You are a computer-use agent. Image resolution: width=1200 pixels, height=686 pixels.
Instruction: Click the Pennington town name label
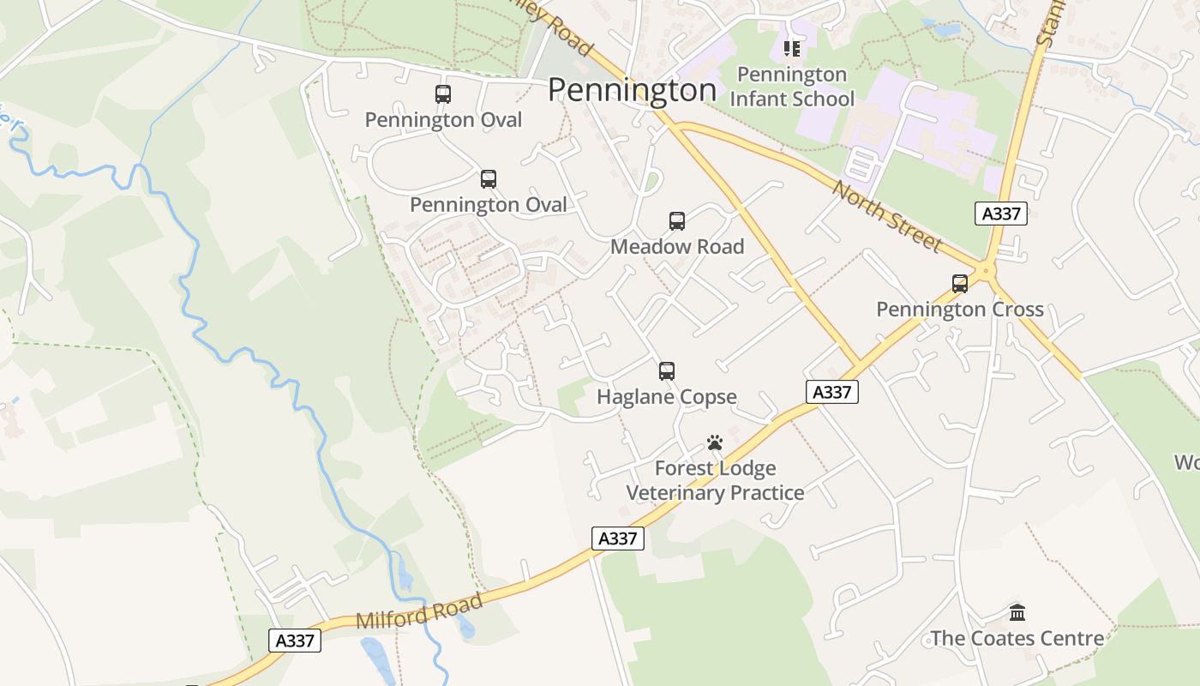click(x=632, y=90)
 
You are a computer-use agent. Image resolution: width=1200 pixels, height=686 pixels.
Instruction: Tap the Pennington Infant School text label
click(x=791, y=87)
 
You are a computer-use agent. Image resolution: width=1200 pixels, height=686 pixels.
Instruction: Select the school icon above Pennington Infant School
click(x=791, y=49)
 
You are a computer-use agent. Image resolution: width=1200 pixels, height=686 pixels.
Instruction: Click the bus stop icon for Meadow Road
click(x=677, y=221)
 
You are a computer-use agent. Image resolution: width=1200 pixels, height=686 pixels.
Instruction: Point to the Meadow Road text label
click(x=677, y=247)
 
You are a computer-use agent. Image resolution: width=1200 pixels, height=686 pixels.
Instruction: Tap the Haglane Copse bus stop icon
click(x=667, y=371)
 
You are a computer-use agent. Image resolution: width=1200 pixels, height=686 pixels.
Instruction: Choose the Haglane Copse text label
click(x=667, y=397)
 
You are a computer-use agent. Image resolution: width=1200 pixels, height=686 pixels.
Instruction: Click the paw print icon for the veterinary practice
click(x=715, y=442)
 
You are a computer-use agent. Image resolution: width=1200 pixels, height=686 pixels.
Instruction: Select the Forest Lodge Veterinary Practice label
click(x=715, y=480)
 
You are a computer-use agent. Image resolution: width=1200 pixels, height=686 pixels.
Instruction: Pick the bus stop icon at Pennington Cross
click(x=960, y=284)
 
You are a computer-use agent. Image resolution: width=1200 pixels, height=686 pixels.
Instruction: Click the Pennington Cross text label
click(x=960, y=310)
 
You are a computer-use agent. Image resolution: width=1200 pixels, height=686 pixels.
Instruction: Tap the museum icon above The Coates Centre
click(x=1017, y=612)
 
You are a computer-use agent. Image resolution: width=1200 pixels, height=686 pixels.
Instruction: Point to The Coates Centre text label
click(x=1017, y=639)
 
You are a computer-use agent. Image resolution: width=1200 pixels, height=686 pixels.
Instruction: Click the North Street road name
click(x=886, y=216)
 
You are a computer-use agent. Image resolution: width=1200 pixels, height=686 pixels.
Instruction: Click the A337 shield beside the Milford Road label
click(x=295, y=641)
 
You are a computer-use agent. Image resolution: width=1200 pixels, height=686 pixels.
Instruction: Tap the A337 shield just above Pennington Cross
click(x=1000, y=214)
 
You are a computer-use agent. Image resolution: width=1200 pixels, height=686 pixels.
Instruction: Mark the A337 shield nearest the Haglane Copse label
click(x=831, y=392)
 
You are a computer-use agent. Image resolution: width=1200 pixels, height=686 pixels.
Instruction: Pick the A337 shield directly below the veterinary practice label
click(x=617, y=539)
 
